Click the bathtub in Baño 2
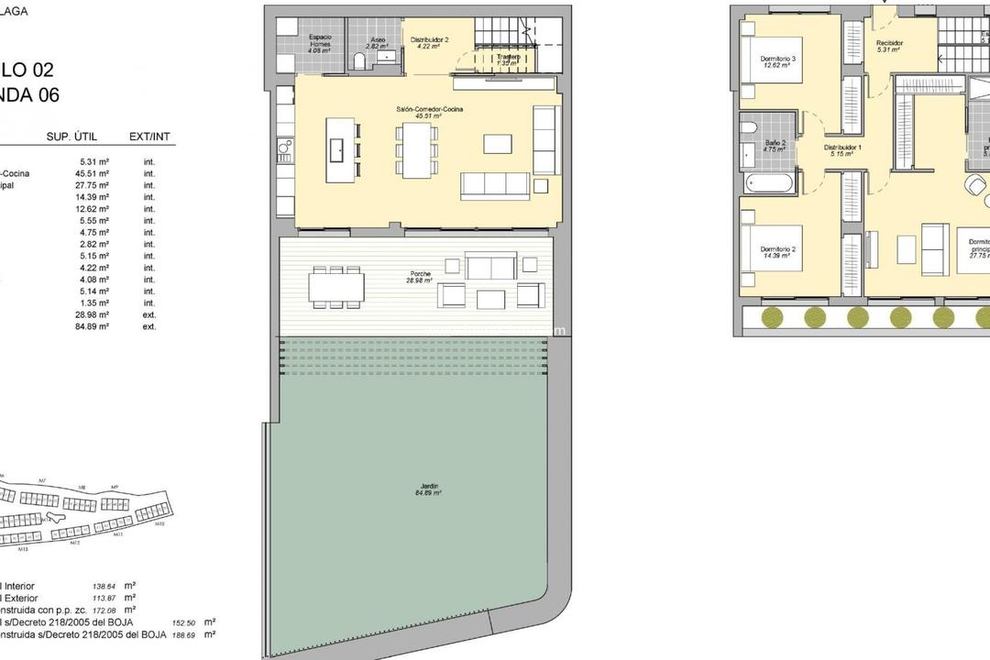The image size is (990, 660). point(770,181)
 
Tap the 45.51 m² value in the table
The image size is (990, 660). point(94,173)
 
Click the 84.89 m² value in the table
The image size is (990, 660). point(94,326)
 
